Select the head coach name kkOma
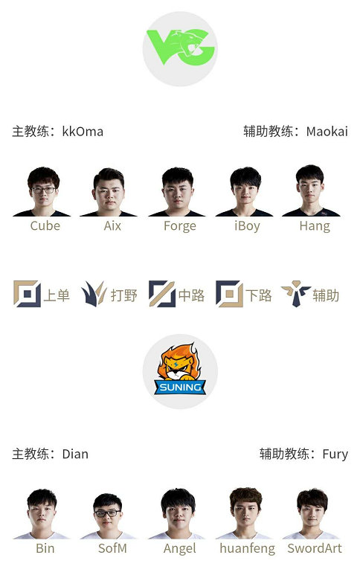(x=83, y=132)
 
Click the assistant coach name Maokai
(x=327, y=132)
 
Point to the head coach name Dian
(x=75, y=454)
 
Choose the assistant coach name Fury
(x=335, y=455)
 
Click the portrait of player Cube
(x=42, y=192)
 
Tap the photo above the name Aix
(x=109, y=192)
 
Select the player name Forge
(x=180, y=226)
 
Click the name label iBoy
(x=247, y=226)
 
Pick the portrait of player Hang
(x=311, y=190)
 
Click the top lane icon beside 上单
(x=28, y=294)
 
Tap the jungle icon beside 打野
(x=94, y=294)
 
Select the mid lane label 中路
(x=191, y=295)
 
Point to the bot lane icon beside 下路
(x=229, y=294)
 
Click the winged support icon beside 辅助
(x=296, y=293)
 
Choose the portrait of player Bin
(x=42, y=514)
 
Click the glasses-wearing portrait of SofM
(x=108, y=516)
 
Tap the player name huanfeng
(x=247, y=549)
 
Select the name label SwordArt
(x=315, y=548)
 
